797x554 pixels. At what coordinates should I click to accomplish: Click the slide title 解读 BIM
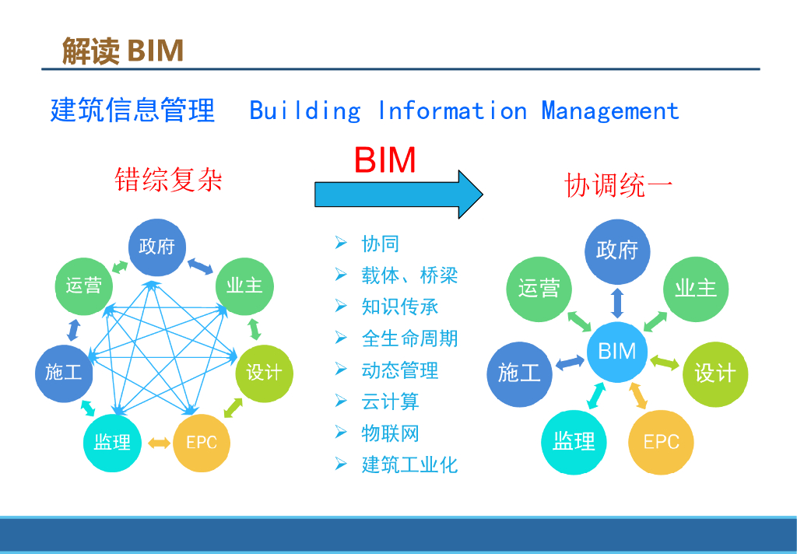123,51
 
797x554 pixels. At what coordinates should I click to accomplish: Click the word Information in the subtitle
452,110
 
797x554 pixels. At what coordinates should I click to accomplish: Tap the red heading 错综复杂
168,180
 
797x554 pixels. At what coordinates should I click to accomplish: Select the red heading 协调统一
618,186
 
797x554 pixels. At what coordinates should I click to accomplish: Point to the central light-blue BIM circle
617,351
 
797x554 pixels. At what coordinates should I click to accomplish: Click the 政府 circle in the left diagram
157,247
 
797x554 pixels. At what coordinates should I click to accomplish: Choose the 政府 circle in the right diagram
617,250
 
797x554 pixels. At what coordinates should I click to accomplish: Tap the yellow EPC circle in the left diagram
202,443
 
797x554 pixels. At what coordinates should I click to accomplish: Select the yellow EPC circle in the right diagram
661,442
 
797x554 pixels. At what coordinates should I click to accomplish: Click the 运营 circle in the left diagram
83,285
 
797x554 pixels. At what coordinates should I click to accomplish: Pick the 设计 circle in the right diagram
714,373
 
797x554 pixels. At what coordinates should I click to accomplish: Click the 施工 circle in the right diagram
519,373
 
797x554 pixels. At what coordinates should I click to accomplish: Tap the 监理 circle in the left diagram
112,443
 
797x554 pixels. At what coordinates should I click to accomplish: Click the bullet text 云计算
390,401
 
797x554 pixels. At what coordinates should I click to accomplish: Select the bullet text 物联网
390,433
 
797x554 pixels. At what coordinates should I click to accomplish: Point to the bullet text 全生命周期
409,338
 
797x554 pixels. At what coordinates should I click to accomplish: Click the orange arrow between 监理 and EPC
159,443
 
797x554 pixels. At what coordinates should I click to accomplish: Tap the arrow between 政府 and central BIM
617,301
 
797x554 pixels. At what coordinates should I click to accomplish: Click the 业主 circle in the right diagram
695,288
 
